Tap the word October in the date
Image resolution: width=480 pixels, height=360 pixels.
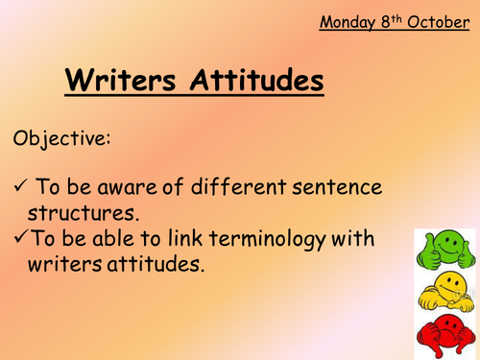click(438, 21)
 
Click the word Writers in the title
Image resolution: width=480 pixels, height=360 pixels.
click(122, 80)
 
